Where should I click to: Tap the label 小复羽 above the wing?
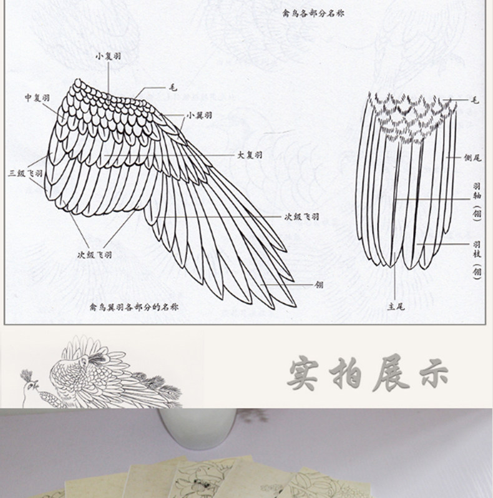point(108,55)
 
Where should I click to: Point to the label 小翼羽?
point(198,115)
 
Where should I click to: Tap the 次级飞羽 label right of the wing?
point(302,217)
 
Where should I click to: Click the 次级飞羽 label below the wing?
point(94,254)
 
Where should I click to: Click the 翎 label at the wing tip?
point(320,284)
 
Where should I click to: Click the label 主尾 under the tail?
point(395,306)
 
